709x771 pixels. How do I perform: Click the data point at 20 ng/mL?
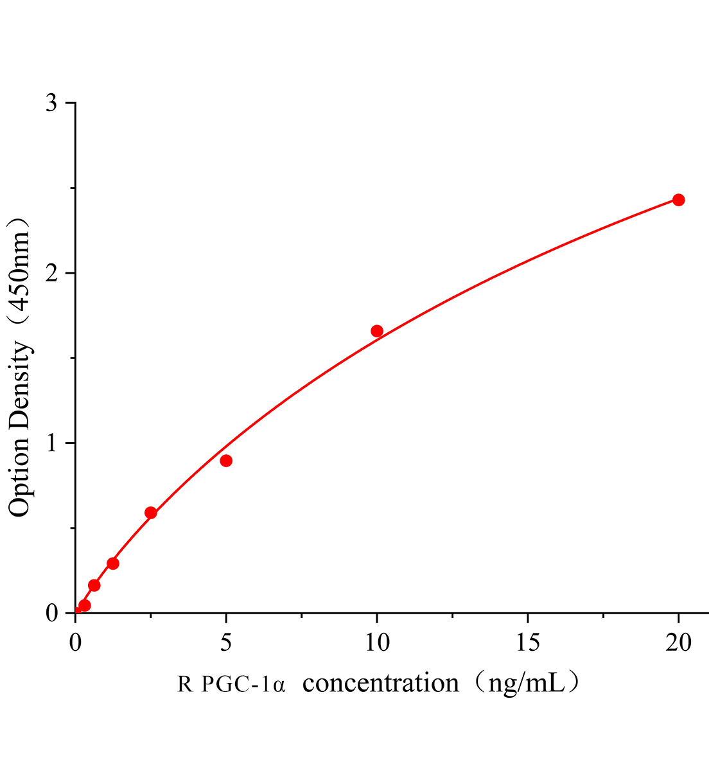678,200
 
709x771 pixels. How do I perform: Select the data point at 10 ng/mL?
377,331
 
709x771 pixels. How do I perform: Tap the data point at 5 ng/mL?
226,461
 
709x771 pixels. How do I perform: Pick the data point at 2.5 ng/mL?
151,513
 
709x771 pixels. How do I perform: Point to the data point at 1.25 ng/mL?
113,563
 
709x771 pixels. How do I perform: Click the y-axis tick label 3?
52,103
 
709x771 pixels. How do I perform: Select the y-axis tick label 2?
52,273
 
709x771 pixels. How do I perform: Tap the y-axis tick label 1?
52,443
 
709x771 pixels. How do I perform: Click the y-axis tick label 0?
52,614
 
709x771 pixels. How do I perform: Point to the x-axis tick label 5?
226,642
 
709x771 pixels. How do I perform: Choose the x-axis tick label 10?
377,642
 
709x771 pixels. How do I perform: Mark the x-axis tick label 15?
527,642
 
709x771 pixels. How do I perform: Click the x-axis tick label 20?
678,642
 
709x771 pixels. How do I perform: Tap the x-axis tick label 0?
76,642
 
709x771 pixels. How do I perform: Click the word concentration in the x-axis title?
381,683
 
